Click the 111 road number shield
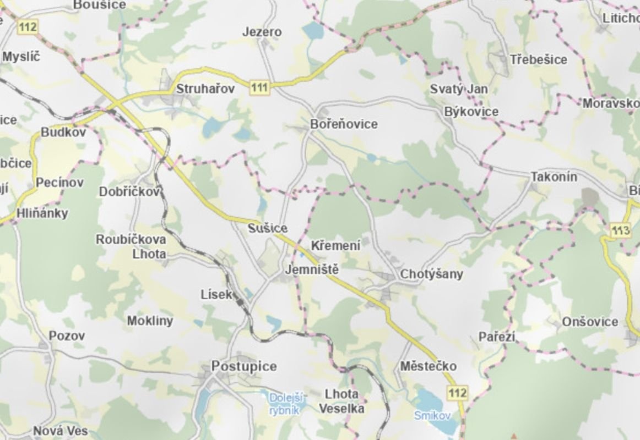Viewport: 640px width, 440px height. [259, 87]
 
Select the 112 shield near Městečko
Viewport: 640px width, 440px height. [458, 393]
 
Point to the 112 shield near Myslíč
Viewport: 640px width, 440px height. [27, 26]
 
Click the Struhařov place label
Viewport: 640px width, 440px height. [205, 89]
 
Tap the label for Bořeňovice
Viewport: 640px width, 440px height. [344, 124]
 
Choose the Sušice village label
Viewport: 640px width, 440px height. [268, 228]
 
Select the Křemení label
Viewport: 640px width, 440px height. [336, 246]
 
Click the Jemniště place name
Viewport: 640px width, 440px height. [311, 270]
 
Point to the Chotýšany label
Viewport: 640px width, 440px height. [432, 274]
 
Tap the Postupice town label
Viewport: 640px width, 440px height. [244, 366]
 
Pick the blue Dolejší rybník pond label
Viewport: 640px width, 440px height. [284, 403]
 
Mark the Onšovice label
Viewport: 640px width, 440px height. [590, 322]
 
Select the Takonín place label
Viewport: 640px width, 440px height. [554, 177]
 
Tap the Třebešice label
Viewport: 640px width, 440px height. [538, 59]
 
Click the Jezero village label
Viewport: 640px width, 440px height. [262, 32]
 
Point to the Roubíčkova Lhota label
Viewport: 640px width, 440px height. [131, 247]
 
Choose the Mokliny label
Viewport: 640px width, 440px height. [150, 321]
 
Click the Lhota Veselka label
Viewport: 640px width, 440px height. [341, 402]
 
